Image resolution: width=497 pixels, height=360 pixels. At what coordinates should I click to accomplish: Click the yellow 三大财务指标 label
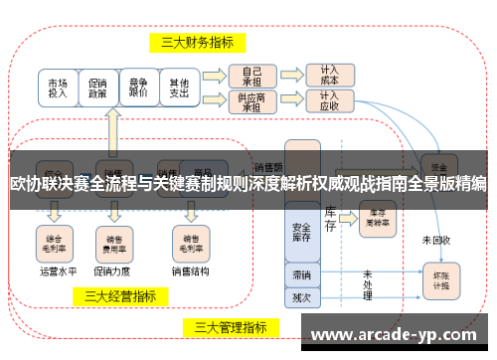[x=197, y=42]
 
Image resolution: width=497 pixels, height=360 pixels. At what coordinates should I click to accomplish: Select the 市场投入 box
[x=58, y=88]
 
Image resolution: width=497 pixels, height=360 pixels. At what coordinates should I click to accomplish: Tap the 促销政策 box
[x=97, y=88]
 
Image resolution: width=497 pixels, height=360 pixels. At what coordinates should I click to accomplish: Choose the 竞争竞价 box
[x=138, y=88]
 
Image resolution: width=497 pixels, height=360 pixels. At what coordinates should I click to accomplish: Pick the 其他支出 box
[x=179, y=88]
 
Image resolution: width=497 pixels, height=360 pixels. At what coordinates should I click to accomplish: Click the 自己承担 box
[x=251, y=76]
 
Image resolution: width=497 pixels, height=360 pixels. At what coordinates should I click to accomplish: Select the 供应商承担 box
[x=251, y=102]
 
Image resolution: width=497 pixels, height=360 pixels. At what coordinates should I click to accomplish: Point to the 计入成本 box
[x=329, y=76]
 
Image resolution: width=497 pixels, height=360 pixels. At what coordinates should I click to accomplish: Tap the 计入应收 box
[x=329, y=102]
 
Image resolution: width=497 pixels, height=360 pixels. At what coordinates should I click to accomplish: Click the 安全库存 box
[x=301, y=232]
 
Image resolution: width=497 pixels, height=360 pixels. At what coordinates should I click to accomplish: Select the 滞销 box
[x=301, y=273]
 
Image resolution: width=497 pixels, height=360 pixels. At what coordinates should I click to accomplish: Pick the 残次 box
[x=301, y=295]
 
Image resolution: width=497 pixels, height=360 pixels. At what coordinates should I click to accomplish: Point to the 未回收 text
[x=435, y=240]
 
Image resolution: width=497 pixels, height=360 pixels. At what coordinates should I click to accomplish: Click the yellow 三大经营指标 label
[x=119, y=295]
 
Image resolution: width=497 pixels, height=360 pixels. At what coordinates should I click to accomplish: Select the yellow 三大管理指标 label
[x=230, y=326]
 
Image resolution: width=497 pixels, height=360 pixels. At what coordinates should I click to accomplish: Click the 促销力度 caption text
[x=110, y=270]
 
